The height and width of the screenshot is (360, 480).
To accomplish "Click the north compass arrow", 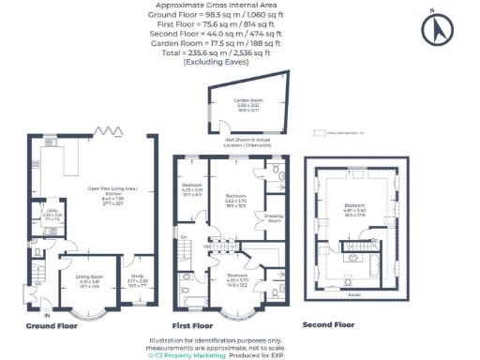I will tap(433, 29).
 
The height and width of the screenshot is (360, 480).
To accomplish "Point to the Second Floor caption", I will tap(329, 323).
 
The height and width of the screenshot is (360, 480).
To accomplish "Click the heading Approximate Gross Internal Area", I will tap(240, 5).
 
